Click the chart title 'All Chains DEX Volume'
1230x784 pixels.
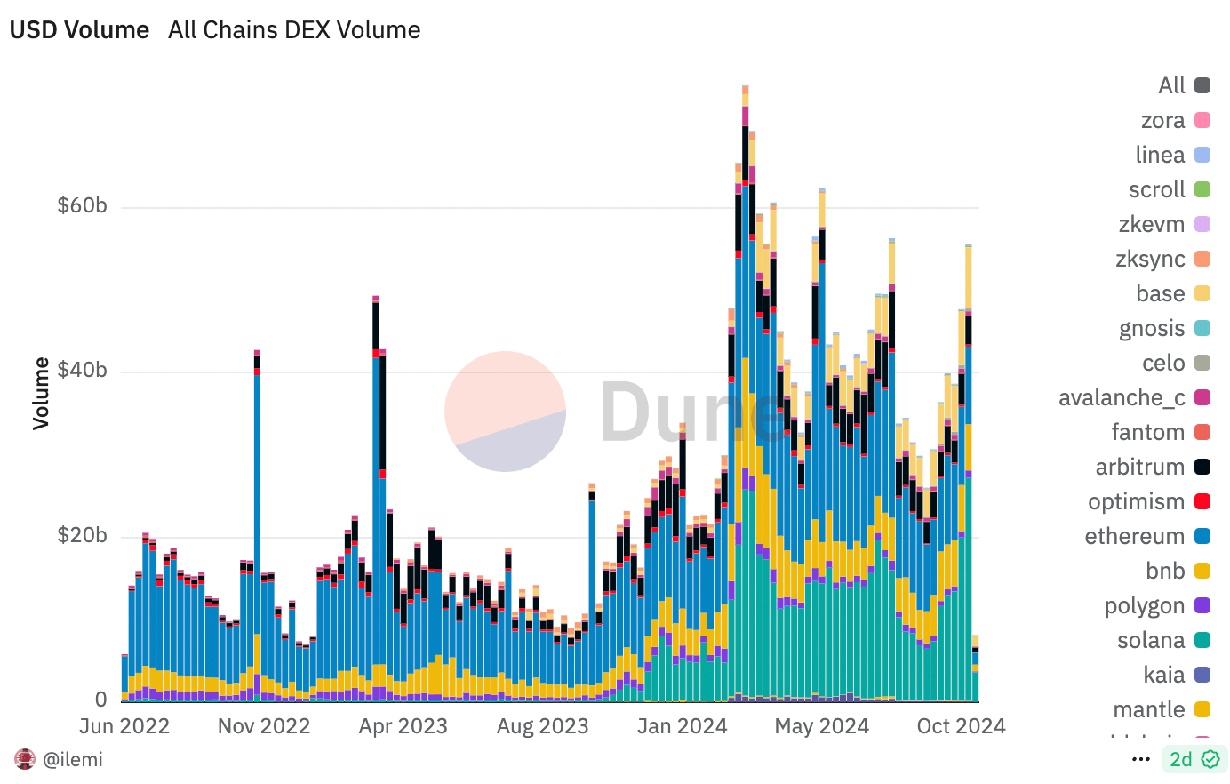pyautogui.click(x=294, y=29)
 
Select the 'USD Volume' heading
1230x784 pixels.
pyautogui.click(x=79, y=29)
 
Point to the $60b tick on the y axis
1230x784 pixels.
pyautogui.click(x=82, y=206)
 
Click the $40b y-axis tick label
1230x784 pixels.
pyautogui.click(x=82, y=371)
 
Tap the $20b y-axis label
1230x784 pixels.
pyautogui.click(x=82, y=536)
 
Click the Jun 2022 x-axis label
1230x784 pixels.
pyautogui.click(x=124, y=726)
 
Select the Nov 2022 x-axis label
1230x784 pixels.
pyautogui.click(x=264, y=726)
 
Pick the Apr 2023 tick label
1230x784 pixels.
pyautogui.click(x=403, y=726)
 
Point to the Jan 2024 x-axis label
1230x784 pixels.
pyautogui.click(x=683, y=726)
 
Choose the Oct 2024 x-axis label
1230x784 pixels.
pyautogui.click(x=961, y=726)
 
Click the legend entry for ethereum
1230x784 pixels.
pyautogui.click(x=1146, y=536)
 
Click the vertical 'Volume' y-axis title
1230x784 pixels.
pyautogui.click(x=41, y=393)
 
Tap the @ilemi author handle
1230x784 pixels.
pyautogui.click(x=72, y=759)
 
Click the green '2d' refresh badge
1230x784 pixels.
pyautogui.click(x=1194, y=759)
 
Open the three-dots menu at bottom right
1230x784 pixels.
pyautogui.click(x=1141, y=759)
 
